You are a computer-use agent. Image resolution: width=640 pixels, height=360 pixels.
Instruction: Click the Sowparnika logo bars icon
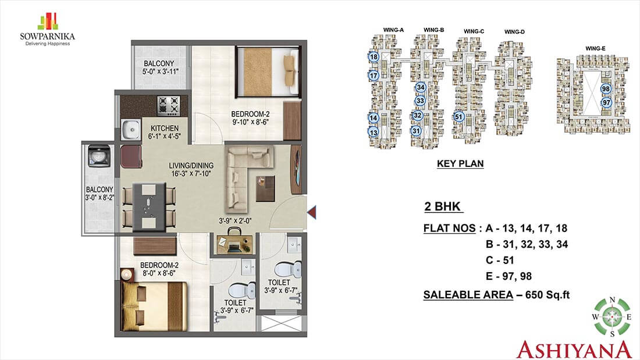[x=48, y=22]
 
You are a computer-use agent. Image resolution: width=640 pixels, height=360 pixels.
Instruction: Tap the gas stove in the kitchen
[x=169, y=105]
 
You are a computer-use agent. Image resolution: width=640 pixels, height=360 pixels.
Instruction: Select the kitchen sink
[x=131, y=129]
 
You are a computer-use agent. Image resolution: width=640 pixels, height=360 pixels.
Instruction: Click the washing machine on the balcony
[x=99, y=155]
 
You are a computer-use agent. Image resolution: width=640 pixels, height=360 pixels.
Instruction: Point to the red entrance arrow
[x=311, y=212]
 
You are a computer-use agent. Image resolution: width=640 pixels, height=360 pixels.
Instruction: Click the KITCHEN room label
[x=165, y=128]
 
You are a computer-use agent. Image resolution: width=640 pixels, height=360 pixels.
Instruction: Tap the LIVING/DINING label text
[x=191, y=166]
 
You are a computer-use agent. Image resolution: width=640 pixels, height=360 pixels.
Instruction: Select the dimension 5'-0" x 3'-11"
[x=161, y=72]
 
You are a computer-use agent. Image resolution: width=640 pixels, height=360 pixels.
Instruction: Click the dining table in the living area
[x=150, y=205]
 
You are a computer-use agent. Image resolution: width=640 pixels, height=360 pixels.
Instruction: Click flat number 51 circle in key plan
[x=459, y=117]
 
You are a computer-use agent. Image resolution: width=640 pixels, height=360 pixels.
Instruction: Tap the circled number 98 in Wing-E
[x=606, y=89]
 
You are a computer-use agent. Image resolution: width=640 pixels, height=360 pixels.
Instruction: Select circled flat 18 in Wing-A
[x=374, y=57]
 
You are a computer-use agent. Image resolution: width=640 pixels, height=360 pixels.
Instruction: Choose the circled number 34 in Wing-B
[x=421, y=87]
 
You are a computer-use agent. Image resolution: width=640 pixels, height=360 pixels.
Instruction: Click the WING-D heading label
[x=514, y=31]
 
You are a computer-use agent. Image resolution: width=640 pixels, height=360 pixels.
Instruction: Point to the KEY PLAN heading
[x=460, y=163]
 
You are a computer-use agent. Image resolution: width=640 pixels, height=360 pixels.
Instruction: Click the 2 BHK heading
[x=443, y=206]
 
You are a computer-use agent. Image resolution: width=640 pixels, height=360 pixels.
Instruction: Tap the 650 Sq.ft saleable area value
[x=547, y=295]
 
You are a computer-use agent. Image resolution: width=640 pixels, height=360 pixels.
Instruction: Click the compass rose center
[x=612, y=317]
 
